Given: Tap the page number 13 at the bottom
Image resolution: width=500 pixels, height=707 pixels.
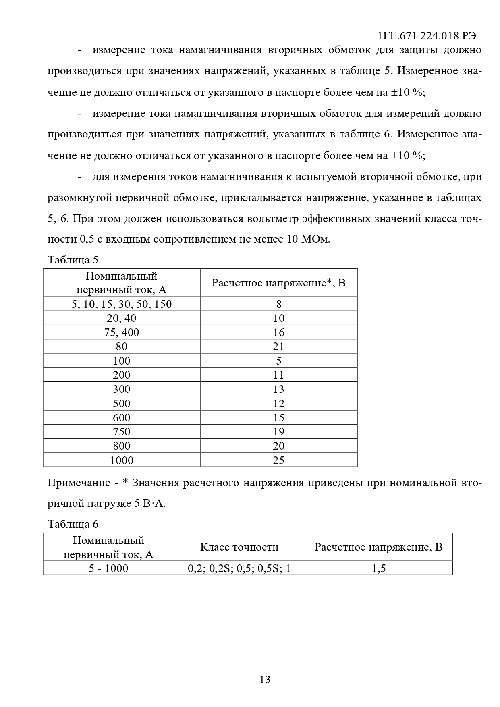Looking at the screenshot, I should click(265, 680).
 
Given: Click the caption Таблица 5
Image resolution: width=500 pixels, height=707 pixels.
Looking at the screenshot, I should click(73, 259).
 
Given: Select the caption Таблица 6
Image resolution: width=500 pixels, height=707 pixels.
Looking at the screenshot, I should click(73, 524).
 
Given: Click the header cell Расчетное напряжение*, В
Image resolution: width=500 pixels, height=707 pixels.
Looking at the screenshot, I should click(278, 283).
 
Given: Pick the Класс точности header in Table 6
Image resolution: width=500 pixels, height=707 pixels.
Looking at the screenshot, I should click(239, 547).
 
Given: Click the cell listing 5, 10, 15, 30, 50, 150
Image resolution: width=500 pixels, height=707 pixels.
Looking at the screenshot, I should click(122, 304).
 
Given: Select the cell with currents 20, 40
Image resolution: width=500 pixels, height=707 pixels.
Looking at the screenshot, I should click(122, 318).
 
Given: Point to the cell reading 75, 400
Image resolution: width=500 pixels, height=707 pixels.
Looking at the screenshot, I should click(122, 332).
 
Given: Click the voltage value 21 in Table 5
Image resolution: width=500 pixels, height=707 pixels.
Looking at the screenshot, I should click(278, 346).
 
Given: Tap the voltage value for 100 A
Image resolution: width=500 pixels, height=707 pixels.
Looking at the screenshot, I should click(278, 361).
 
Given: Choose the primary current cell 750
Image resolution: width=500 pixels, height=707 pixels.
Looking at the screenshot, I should click(122, 432).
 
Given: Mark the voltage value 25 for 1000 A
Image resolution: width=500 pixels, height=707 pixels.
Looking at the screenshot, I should click(278, 460).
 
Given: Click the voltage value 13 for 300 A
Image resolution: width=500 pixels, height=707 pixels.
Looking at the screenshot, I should click(278, 389).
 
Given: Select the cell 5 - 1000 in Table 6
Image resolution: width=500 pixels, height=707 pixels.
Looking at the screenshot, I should click(109, 568).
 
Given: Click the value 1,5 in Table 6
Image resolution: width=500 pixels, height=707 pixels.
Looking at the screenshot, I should click(379, 568).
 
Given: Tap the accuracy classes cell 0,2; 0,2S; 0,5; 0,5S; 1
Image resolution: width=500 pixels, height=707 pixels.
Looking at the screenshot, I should click(239, 568).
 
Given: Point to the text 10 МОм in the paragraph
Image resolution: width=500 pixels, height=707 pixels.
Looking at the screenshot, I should click(308, 239).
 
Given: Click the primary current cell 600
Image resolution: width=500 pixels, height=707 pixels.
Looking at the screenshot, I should click(122, 418).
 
